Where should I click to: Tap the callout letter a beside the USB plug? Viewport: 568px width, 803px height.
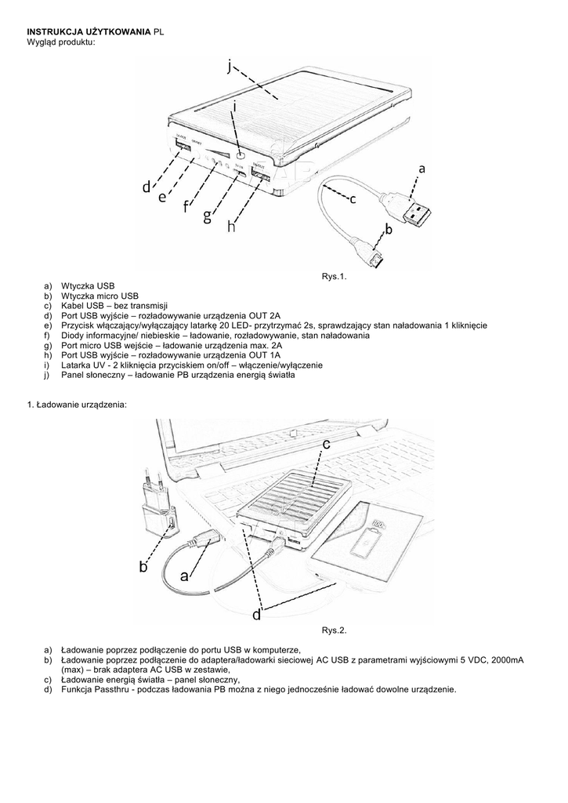(421, 168)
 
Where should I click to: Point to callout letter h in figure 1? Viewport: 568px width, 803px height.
(231, 227)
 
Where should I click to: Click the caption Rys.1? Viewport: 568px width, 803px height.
(334, 276)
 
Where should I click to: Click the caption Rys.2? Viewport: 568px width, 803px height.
(334, 630)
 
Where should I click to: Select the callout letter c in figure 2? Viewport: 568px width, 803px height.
(327, 445)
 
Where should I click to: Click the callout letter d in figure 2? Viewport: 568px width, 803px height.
(256, 616)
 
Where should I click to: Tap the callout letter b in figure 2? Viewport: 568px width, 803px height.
(143, 567)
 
